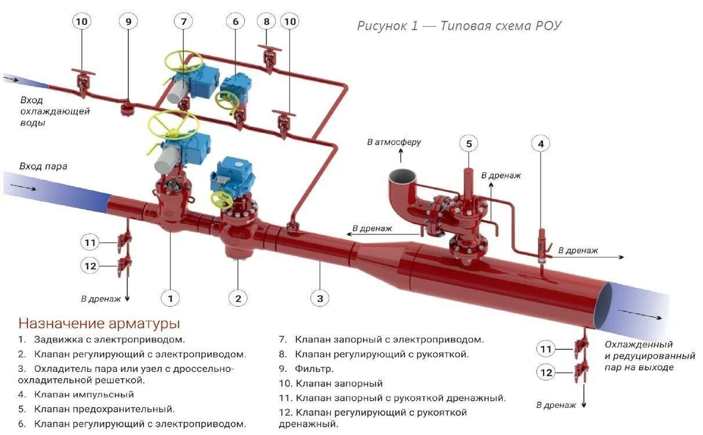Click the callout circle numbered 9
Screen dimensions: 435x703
pyautogui.click(x=128, y=21)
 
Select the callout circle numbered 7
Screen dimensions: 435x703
pyautogui.click(x=183, y=21)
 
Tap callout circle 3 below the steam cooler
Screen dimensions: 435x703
pyautogui.click(x=320, y=298)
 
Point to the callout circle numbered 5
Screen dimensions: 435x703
pyautogui.click(x=469, y=143)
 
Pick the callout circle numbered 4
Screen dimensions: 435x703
pyautogui.click(x=541, y=143)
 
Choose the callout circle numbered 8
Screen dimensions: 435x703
pyautogui.click(x=266, y=21)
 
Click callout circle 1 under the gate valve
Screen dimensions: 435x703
pyautogui.click(x=170, y=298)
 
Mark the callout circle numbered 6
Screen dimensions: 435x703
pyautogui.click(x=235, y=21)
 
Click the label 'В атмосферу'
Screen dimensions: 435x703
pyautogui.click(x=394, y=142)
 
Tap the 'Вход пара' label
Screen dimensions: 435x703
pyautogui.click(x=44, y=166)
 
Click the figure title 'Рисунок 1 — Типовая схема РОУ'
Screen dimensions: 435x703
pyautogui.click(x=459, y=26)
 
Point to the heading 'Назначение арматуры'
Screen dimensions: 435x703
pyautogui.click(x=99, y=323)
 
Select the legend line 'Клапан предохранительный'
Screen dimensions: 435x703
pyautogui.click(x=96, y=409)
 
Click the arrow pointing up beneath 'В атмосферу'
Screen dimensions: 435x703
pyautogui.click(x=400, y=155)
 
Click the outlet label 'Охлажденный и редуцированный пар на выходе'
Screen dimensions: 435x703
pyautogui.click(x=649, y=356)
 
